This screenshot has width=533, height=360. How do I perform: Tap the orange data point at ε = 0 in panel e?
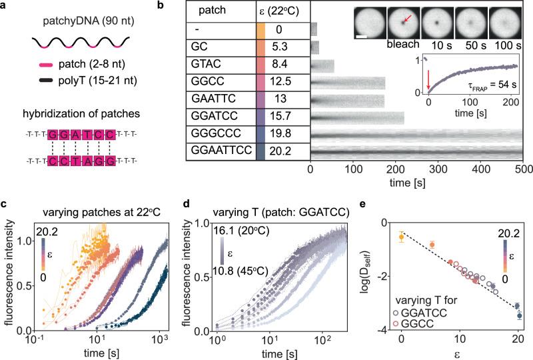pyautogui.click(x=401, y=237)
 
